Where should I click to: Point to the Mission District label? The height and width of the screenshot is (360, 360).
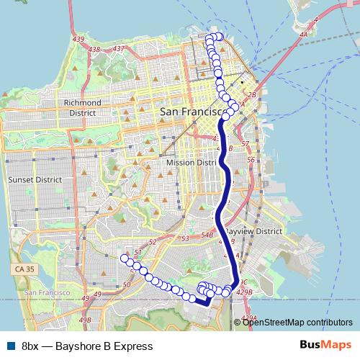click(x=191, y=163)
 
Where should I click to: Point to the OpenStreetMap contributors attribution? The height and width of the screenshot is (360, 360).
click(x=297, y=322)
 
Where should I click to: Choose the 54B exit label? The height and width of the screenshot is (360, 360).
click(x=207, y=235)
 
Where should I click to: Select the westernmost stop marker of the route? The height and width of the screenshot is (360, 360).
click(x=125, y=258)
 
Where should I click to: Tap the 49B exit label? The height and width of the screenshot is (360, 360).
click(x=86, y=320)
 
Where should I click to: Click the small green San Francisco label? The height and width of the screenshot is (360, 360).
click(x=48, y=293)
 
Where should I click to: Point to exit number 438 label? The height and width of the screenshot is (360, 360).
click(x=94, y=49)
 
